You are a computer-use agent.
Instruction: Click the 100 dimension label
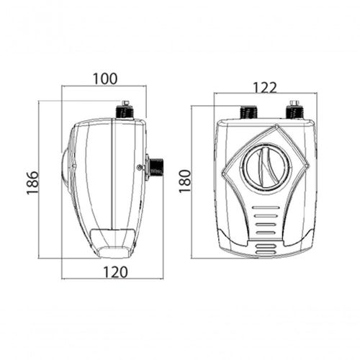click(x=105, y=78)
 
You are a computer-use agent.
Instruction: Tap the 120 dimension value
click(x=115, y=272)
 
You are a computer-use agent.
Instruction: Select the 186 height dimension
click(x=32, y=183)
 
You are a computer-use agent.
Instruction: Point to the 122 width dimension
click(x=265, y=88)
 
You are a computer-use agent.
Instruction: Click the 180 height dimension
click(x=185, y=181)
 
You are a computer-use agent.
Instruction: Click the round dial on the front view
click(x=266, y=166)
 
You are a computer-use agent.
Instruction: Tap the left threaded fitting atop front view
click(x=249, y=112)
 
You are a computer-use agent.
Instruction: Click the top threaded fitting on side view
click(x=125, y=112)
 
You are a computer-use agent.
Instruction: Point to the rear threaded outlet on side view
click(x=156, y=167)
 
